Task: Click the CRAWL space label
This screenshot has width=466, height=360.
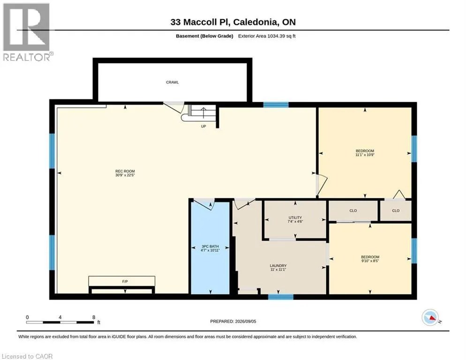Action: (x=173, y=82)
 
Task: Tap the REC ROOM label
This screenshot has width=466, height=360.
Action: (x=125, y=171)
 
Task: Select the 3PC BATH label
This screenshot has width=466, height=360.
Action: (x=210, y=247)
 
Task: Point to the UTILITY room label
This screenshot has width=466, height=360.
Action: (x=295, y=217)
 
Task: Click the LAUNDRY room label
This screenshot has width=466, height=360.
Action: (x=278, y=266)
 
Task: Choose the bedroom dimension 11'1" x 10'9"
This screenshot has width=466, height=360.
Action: (x=365, y=155)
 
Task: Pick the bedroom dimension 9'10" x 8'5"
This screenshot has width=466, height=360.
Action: (x=370, y=261)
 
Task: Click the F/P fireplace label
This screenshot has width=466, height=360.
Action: (x=125, y=282)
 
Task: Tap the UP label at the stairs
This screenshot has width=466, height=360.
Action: (x=203, y=127)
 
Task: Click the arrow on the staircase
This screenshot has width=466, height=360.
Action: (x=203, y=113)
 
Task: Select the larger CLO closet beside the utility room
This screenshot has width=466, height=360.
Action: (x=353, y=211)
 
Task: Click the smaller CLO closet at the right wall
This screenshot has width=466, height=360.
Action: (x=396, y=211)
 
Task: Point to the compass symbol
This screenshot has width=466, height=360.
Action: (x=430, y=317)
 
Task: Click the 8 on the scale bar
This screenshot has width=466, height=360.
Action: (x=94, y=317)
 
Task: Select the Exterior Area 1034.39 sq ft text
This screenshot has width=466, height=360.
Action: (x=267, y=36)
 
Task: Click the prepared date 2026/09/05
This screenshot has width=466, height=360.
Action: (x=246, y=322)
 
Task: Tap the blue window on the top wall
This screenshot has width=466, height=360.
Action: (x=276, y=105)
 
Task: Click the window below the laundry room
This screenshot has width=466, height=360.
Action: (x=281, y=297)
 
